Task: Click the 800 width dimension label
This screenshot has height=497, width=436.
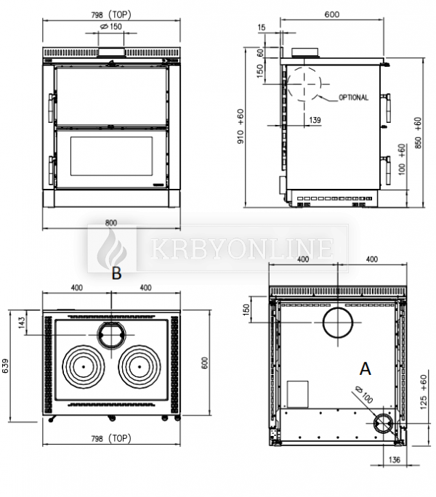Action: pos(111,223)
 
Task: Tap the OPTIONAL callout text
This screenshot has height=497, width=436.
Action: pos(354,97)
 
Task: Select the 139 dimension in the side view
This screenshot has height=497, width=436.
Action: pos(315,120)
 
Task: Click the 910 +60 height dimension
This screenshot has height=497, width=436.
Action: pos(241,126)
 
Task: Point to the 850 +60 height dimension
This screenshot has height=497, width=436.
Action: pos(418,133)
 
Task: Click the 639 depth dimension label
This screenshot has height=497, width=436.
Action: pos(6,365)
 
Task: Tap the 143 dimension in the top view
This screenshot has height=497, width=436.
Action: pos(22,323)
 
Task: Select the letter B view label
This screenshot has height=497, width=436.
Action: pos(116,273)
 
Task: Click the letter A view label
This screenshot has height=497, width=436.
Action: pos(365,369)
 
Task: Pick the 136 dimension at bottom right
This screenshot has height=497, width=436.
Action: pos(394,460)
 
